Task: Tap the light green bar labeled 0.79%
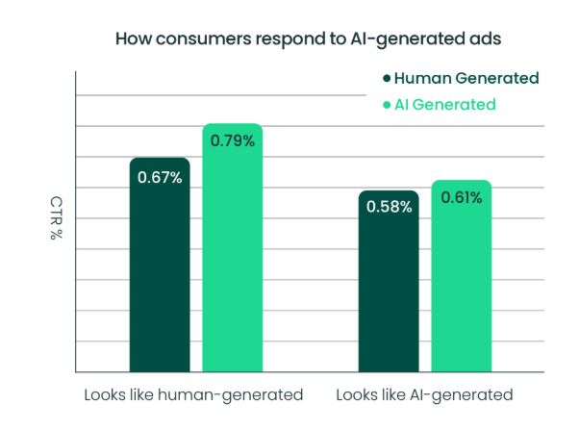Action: [232, 260]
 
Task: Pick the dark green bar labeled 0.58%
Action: [389, 289]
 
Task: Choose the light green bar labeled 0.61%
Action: [462, 284]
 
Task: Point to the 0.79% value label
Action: [232, 141]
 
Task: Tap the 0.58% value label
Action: [389, 207]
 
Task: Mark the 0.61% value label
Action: [462, 197]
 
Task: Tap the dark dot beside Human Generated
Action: [387, 79]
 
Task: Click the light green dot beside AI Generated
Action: [387, 105]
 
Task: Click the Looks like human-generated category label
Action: [193, 394]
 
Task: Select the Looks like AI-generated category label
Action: [424, 394]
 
